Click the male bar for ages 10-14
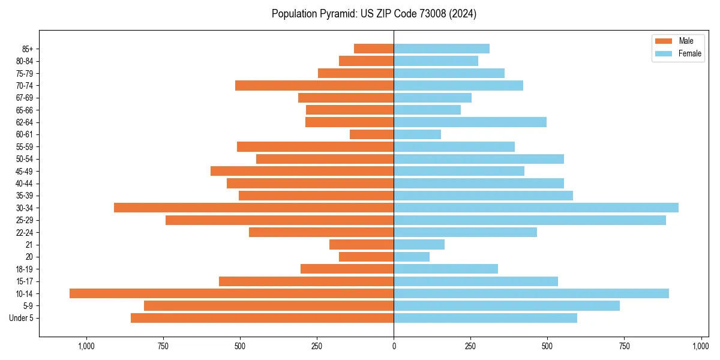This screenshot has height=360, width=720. pyautogui.click(x=232, y=293)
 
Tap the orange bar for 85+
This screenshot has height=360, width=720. pyautogui.click(x=374, y=49)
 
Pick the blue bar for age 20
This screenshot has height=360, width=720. pyautogui.click(x=412, y=257)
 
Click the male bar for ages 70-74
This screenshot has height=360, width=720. pyautogui.click(x=314, y=85)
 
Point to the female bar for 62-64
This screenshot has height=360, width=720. pyautogui.click(x=470, y=122)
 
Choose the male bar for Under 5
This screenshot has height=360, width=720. pyautogui.click(x=262, y=318)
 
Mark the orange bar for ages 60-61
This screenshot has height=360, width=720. pyautogui.click(x=372, y=134)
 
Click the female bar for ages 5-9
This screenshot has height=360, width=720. pyautogui.click(x=506, y=306)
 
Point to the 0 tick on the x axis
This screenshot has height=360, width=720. pyautogui.click(x=394, y=346)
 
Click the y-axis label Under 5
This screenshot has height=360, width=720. pyautogui.click(x=22, y=318)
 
